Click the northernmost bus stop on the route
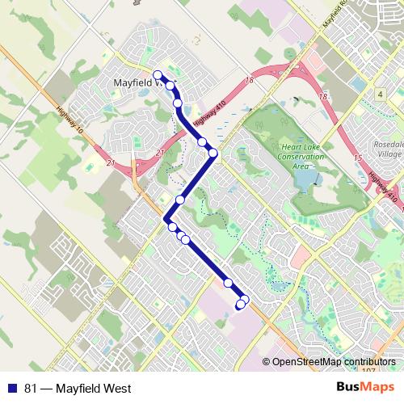157,75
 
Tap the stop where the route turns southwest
213,152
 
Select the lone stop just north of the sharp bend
180,200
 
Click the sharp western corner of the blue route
166,219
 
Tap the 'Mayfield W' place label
139,83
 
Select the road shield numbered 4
379,95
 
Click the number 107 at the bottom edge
368,371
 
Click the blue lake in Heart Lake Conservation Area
305,182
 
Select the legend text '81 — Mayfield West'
78,389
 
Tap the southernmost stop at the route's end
240,305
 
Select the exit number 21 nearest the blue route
160,153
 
